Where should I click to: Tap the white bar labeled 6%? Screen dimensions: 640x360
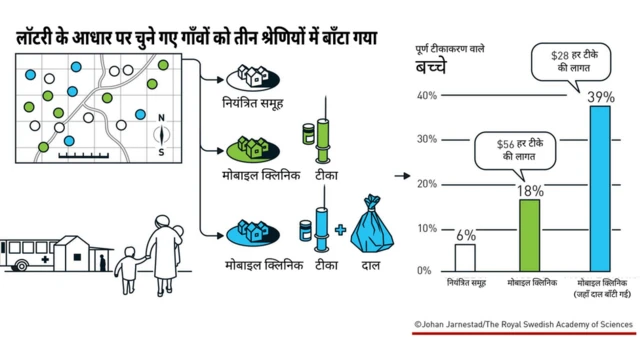[465, 257]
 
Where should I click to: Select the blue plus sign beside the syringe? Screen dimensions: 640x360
[340, 230]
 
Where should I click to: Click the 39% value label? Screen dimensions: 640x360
[600, 96]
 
